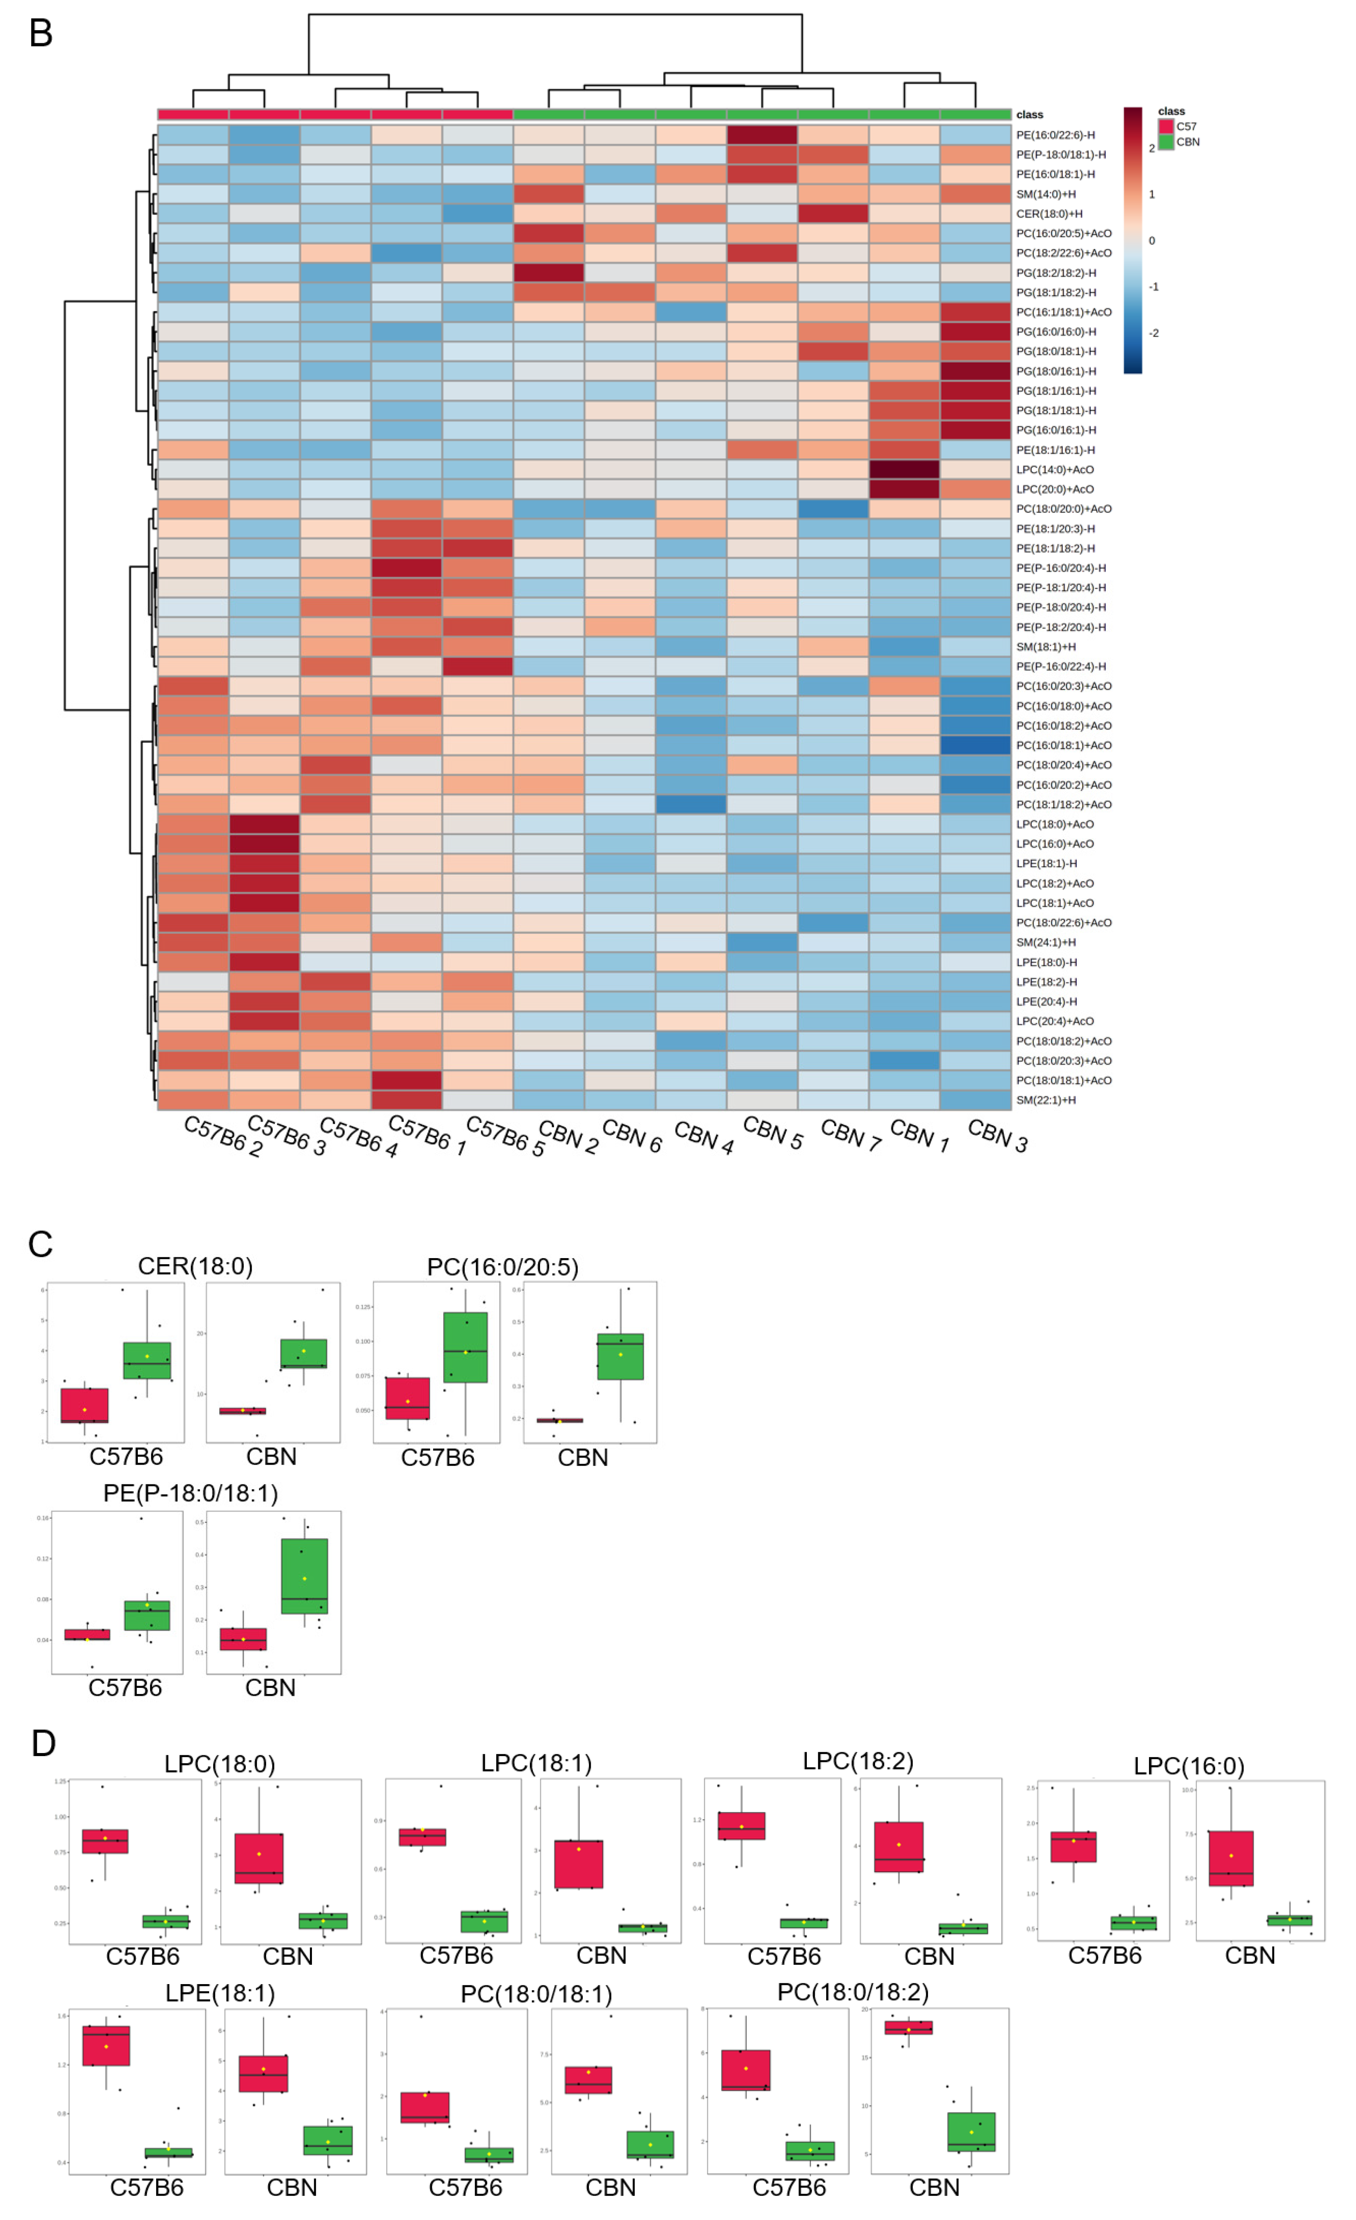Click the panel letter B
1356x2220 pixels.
click(41, 33)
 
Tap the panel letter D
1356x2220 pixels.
click(43, 1743)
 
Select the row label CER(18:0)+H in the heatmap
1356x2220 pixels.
click(1049, 214)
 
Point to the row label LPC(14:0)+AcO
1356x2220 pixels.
click(1054, 470)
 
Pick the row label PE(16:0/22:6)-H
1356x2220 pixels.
click(1055, 135)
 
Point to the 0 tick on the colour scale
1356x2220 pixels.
click(1152, 241)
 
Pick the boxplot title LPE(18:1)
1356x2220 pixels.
click(220, 1993)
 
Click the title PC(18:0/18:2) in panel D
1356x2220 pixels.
click(852, 1992)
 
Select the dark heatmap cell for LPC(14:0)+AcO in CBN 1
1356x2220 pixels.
click(904, 470)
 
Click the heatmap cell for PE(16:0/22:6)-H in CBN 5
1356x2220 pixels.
click(761, 135)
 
